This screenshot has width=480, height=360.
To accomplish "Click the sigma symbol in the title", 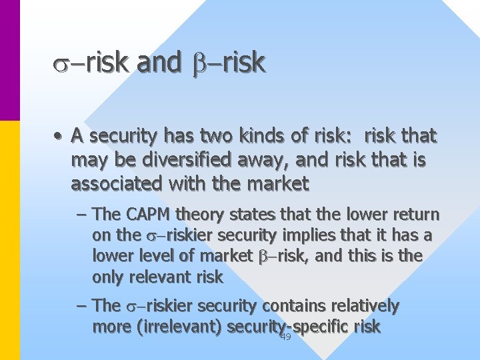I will (60, 65).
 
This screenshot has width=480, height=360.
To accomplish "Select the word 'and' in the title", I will (158, 63).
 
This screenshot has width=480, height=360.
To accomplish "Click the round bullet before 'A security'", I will (60, 137).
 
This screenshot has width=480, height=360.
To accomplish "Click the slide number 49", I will (286, 337).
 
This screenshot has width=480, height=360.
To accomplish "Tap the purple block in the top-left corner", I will (10, 60).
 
